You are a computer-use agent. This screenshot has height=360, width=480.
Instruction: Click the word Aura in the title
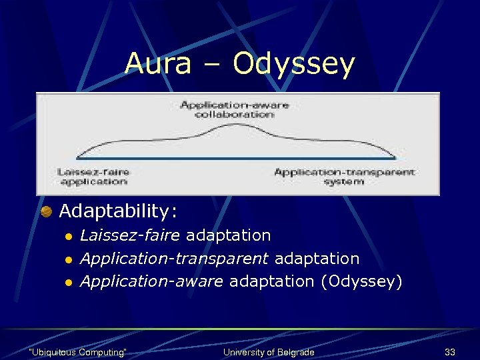[157, 64]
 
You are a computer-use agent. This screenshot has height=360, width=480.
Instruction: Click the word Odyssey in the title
[293, 65]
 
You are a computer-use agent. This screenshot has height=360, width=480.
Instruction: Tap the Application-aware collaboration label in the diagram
[225, 109]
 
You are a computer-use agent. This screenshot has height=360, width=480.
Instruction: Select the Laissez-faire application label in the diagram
[93, 176]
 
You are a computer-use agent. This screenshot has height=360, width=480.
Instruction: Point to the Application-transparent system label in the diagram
[344, 176]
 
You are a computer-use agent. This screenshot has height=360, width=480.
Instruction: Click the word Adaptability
[118, 212]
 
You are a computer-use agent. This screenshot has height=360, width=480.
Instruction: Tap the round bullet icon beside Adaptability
[47, 212]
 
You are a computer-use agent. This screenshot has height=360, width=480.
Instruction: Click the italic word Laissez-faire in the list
[130, 235]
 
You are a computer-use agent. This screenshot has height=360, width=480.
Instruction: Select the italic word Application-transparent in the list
[174, 259]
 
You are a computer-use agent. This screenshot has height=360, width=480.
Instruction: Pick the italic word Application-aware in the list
[152, 281]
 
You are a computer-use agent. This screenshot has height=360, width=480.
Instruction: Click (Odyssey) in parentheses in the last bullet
[361, 281]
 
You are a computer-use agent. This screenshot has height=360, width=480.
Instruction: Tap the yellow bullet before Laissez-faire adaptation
[67, 237]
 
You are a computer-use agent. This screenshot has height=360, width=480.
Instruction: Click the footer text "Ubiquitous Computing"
[79, 351]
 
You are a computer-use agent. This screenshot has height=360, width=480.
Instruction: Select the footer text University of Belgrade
[269, 351]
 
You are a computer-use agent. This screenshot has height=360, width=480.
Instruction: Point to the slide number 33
[449, 351]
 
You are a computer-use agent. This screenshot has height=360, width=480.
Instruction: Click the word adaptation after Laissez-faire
[229, 235]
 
